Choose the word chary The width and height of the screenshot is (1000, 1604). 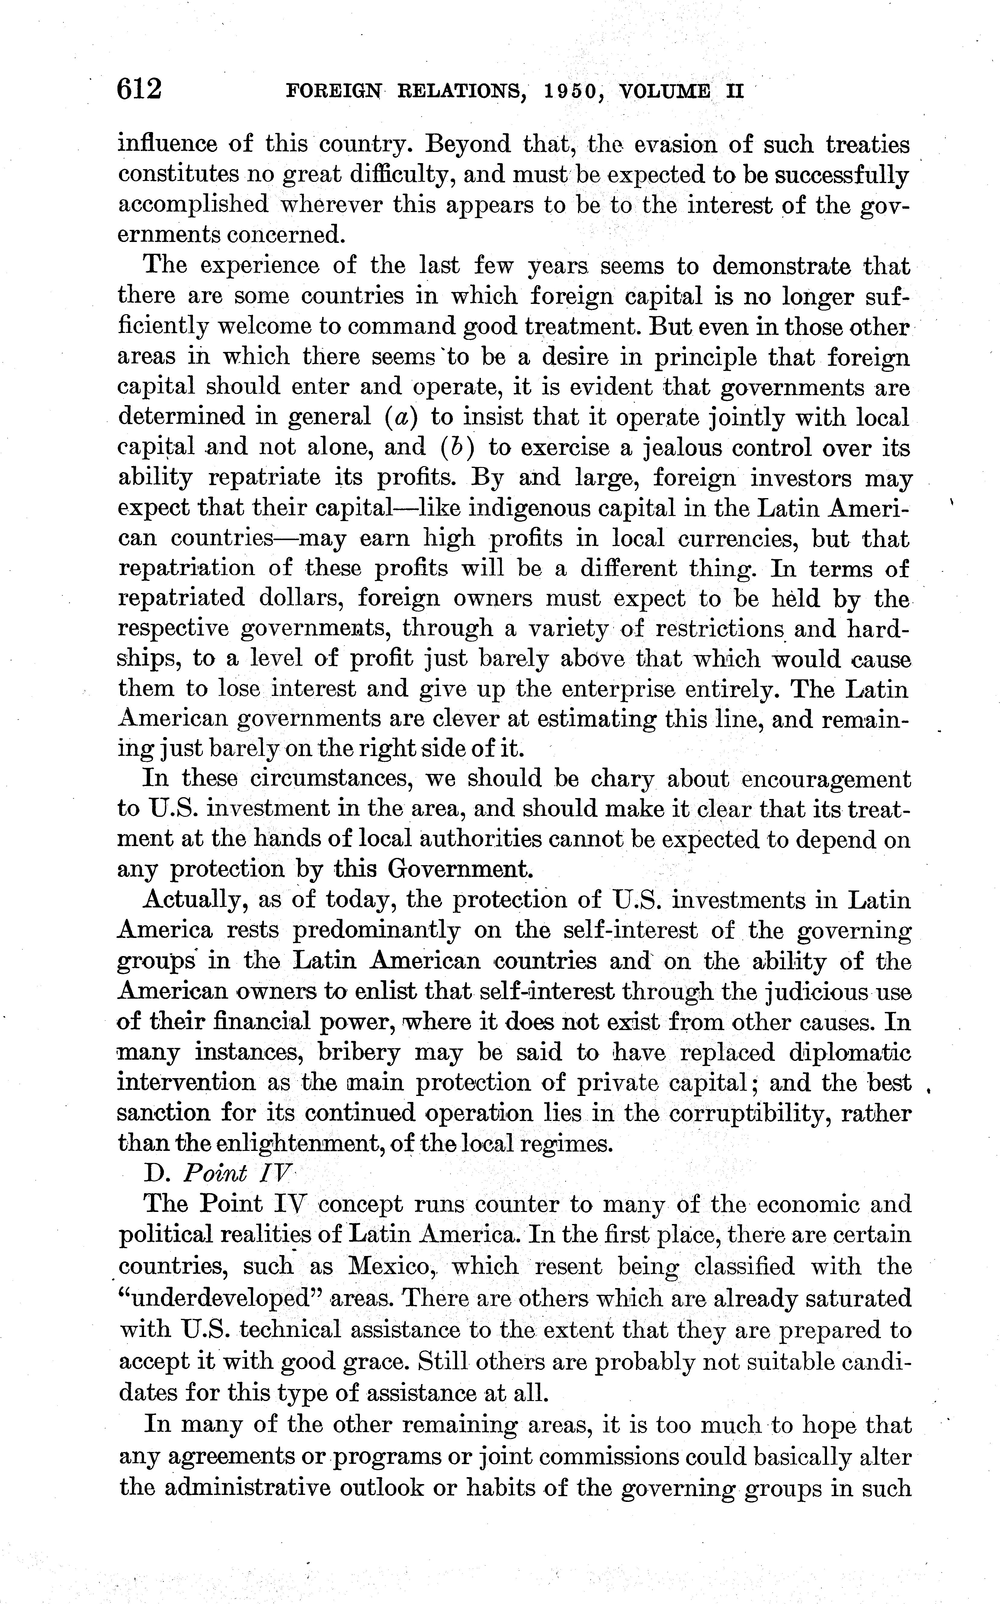click(622, 779)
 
